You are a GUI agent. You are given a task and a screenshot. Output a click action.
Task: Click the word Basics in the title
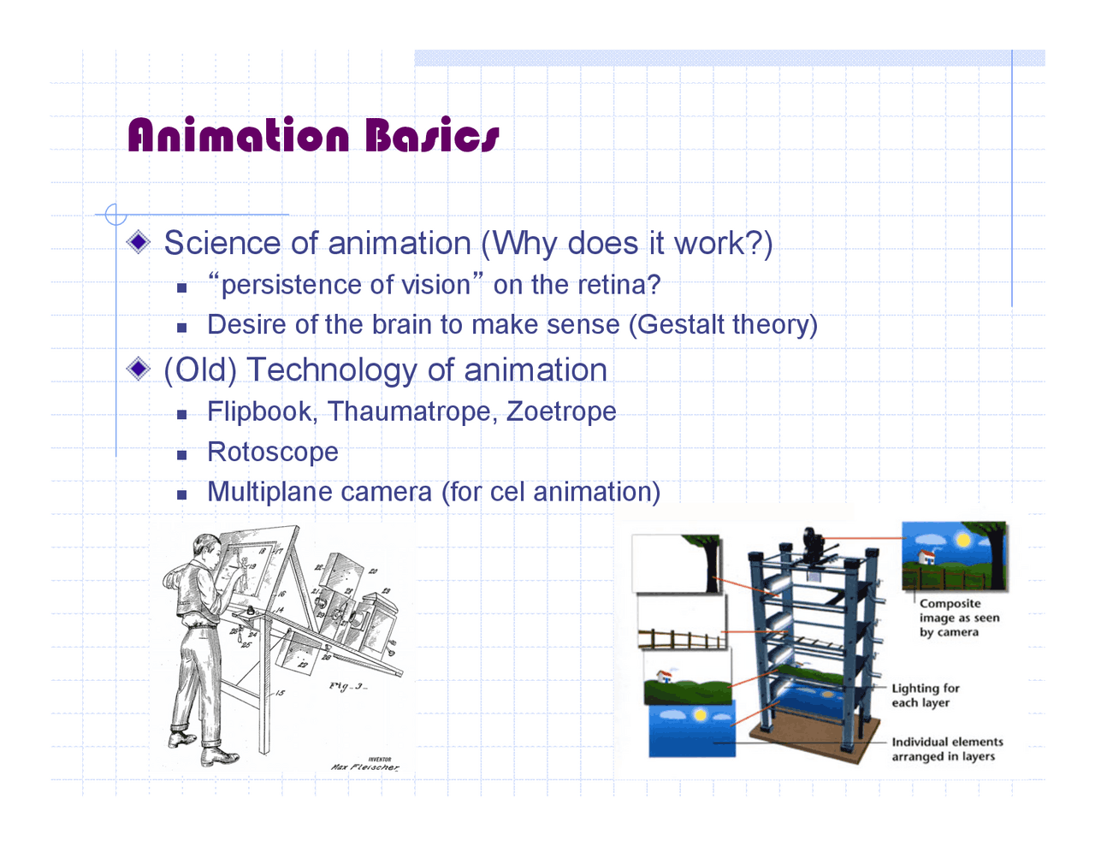432,135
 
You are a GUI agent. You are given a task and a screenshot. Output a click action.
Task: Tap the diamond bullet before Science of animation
139,243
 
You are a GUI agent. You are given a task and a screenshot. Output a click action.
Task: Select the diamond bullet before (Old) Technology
139,370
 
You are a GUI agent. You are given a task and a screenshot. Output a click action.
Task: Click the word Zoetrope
561,411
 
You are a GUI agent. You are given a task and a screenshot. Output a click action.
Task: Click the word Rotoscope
273,452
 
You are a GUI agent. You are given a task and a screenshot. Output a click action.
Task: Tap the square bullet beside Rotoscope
181,454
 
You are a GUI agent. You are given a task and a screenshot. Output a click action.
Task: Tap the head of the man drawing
205,547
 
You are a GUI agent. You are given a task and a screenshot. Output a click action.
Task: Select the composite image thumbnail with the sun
954,556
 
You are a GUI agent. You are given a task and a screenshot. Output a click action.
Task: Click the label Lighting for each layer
925,695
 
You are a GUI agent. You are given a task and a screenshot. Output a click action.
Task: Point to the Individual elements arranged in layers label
946,749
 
